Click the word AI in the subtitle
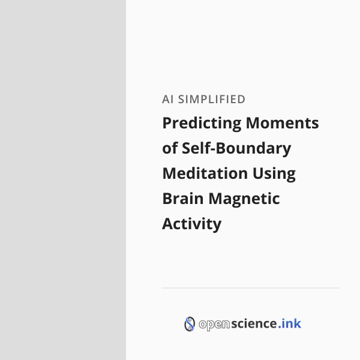pos(167,100)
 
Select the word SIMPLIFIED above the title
pos(212,100)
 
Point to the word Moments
pos(282,123)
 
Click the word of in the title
pos(170,148)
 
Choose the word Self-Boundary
pos(236,149)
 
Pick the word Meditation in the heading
pos(205,173)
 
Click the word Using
pos(274,174)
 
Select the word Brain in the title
pos(183,199)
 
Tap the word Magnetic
pos(244,199)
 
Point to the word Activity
pos(192,224)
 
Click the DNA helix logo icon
pos(190,324)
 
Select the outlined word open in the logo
pos(214,325)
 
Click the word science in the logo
pos(254,323)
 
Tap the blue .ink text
pos(290,323)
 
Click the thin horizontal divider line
pos(250,287)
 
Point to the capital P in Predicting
pos(167,123)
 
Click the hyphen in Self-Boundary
pos(212,149)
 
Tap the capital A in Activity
pos(168,224)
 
